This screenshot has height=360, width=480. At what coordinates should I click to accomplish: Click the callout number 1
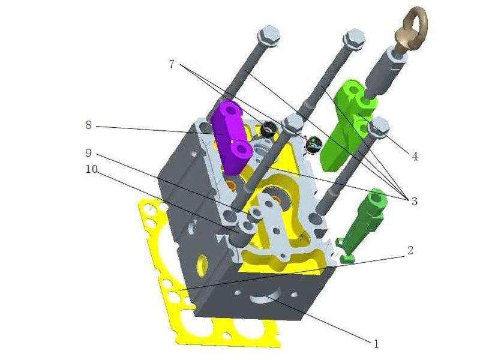click(376, 344)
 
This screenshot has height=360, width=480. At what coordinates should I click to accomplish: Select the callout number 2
click(409, 250)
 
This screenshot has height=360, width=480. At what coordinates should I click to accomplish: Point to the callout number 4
click(413, 157)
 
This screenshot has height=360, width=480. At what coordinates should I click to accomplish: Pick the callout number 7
click(172, 64)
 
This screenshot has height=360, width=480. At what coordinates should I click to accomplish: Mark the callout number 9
click(88, 152)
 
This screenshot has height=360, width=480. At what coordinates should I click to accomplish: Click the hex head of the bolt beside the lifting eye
click(354, 38)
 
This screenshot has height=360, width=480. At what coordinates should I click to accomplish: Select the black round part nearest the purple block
click(268, 128)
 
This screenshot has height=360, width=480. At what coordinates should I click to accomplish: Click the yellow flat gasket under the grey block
click(162, 282)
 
